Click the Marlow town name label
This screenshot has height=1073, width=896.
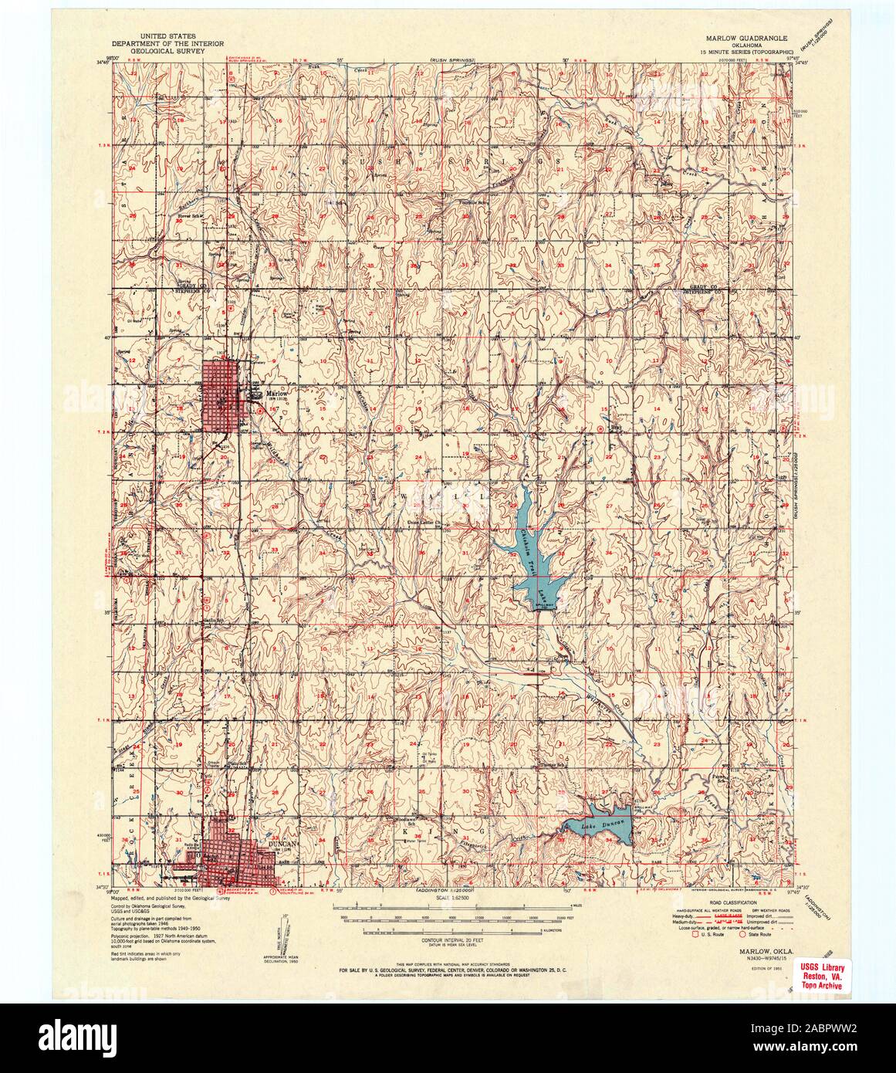click(x=276, y=393)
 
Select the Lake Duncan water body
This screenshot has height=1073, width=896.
click(x=606, y=827)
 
